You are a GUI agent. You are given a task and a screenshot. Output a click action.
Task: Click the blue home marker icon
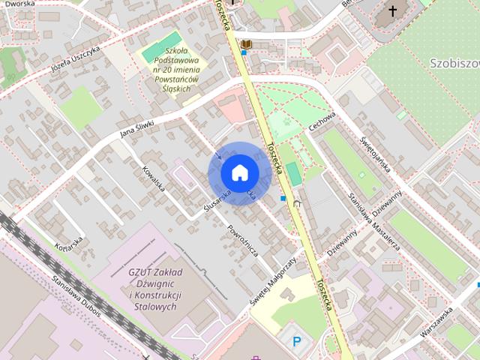coord(239,173)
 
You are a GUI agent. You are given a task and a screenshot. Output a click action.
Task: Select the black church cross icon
coord(392,12)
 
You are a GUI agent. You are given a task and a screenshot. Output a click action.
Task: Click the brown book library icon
coord(245,45)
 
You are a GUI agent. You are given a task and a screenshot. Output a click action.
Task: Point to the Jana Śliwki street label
coord(136,130)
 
